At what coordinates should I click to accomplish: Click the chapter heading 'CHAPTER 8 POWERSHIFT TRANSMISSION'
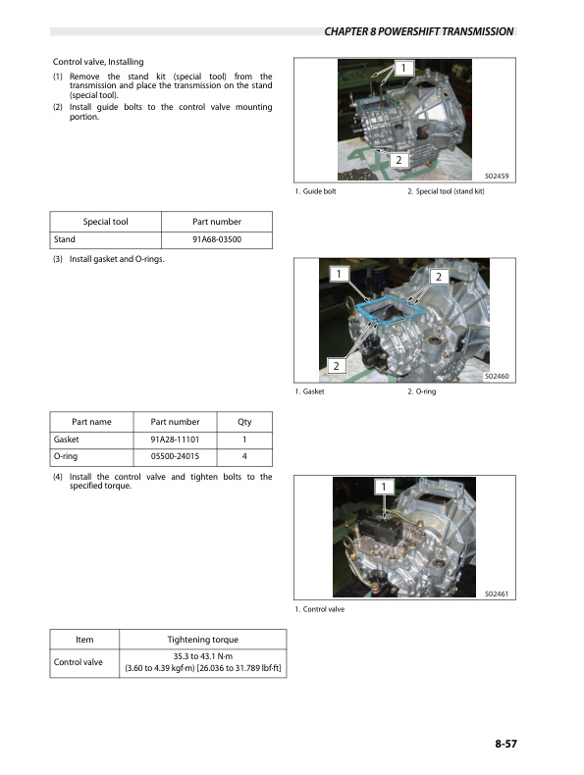(x=418, y=31)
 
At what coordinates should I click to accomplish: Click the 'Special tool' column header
(x=105, y=221)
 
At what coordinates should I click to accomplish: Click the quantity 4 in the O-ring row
(x=244, y=457)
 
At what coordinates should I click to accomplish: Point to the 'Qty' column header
(x=244, y=421)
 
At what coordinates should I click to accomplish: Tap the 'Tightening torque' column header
(x=202, y=640)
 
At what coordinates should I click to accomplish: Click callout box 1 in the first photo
(x=401, y=68)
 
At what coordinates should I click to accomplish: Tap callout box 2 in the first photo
(x=398, y=159)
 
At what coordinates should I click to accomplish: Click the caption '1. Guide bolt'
(x=315, y=191)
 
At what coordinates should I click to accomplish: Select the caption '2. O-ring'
(x=421, y=391)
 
